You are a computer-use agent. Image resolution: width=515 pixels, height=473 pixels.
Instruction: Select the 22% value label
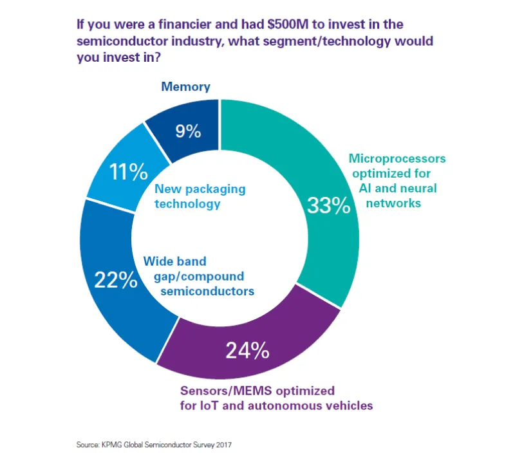[x=116, y=280]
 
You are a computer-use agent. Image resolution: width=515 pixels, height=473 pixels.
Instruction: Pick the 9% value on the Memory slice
[x=188, y=131]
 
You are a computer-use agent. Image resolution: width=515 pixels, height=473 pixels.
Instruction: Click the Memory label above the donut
[x=185, y=86]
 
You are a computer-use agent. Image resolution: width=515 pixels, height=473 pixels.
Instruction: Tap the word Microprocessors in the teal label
[x=397, y=158]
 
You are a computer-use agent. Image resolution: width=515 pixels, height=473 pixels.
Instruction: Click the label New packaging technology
[x=200, y=196]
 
